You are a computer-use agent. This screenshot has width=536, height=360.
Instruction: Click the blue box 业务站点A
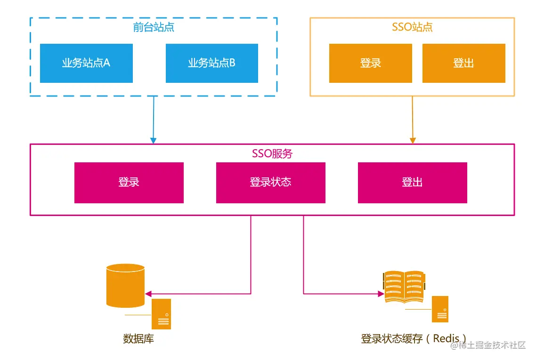[x=86, y=63]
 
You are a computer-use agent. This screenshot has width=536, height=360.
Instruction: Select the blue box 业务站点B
[x=211, y=63]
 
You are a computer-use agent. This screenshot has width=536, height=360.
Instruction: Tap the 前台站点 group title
[x=154, y=27]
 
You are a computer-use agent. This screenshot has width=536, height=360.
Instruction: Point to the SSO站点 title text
[x=412, y=27]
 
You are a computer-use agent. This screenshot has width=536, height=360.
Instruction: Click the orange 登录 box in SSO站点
[x=370, y=63]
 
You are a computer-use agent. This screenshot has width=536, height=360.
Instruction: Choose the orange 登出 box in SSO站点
[x=463, y=63]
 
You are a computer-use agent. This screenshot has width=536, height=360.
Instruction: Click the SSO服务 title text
[x=272, y=154]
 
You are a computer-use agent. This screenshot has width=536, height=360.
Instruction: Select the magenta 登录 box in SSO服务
[x=129, y=183]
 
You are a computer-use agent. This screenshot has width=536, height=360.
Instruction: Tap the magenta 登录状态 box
[x=270, y=183]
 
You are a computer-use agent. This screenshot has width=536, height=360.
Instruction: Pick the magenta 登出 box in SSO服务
[x=412, y=183]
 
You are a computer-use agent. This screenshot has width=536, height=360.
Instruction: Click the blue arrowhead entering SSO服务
[x=153, y=140]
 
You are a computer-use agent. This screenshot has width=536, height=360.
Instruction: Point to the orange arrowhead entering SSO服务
[x=413, y=140]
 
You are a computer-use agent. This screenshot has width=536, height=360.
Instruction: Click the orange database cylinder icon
[x=125, y=285]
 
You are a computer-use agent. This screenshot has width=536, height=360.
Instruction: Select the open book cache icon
[x=403, y=286]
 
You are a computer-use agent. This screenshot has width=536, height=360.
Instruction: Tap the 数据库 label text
[x=138, y=338]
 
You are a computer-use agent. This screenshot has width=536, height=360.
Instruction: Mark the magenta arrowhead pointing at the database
[x=148, y=294]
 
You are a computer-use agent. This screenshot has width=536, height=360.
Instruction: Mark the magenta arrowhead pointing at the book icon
[x=381, y=294]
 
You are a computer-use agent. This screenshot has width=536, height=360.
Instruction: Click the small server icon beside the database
[x=161, y=314]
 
